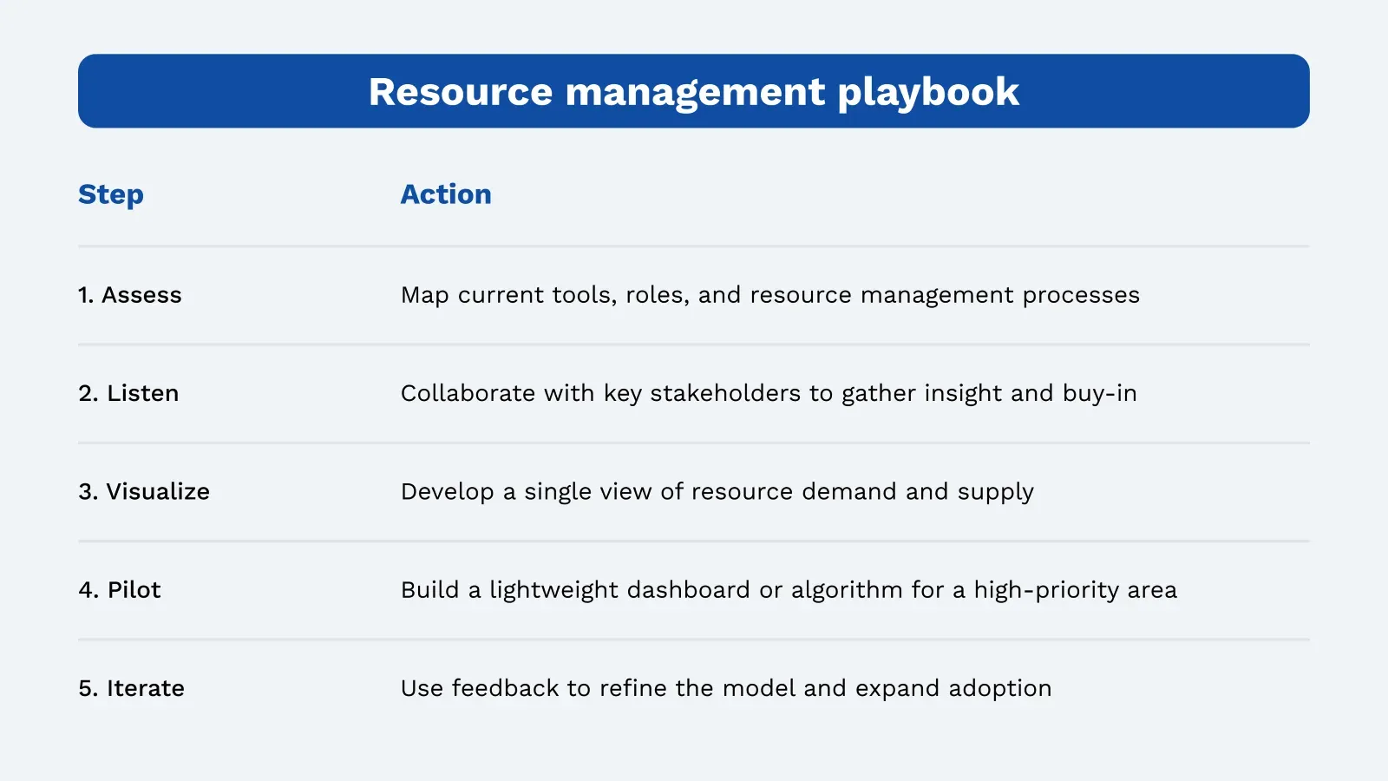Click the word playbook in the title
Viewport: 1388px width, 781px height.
coord(928,93)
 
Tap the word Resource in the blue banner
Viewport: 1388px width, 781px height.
coord(461,92)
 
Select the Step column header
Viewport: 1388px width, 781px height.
coord(111,195)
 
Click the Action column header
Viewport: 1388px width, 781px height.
coord(446,194)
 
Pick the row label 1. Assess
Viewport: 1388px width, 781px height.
coord(130,295)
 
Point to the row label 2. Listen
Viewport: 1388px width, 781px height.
coord(128,393)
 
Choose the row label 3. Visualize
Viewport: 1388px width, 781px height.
coord(144,491)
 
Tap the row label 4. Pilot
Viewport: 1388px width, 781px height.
coord(120,590)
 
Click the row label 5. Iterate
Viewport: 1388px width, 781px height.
coord(131,688)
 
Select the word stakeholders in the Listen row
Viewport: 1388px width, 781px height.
coord(725,393)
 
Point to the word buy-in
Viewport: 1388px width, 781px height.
coord(1100,394)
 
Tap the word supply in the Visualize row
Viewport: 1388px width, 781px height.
coord(996,493)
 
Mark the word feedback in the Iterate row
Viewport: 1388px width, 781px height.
coord(505,688)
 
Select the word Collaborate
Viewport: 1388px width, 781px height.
coord(468,393)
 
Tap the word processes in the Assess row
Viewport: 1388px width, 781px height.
coord(1081,296)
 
